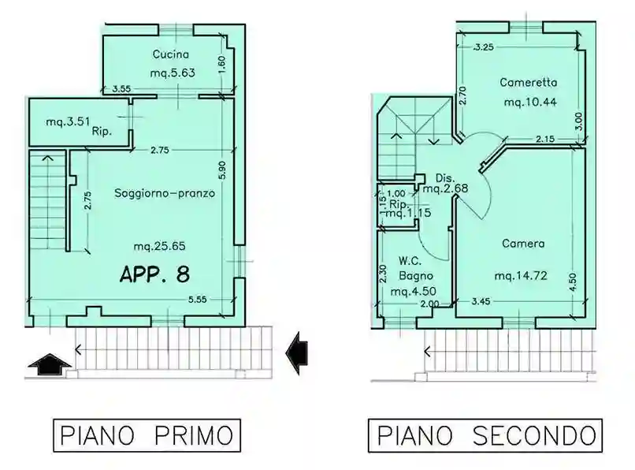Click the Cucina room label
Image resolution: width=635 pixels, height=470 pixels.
click(170, 54)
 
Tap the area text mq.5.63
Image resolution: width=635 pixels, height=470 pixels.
click(172, 73)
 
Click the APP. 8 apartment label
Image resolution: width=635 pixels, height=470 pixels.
click(154, 274)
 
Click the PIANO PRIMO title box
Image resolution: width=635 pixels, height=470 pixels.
click(147, 435)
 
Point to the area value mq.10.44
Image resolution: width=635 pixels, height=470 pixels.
click(529, 102)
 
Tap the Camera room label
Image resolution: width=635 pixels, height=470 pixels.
click(523, 244)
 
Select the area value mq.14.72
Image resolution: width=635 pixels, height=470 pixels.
click(521, 276)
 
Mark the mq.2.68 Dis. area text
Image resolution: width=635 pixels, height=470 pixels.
click(446, 188)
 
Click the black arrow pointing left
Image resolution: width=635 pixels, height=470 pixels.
click(296, 351)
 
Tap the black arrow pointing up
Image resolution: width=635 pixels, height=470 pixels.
click(49, 364)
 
